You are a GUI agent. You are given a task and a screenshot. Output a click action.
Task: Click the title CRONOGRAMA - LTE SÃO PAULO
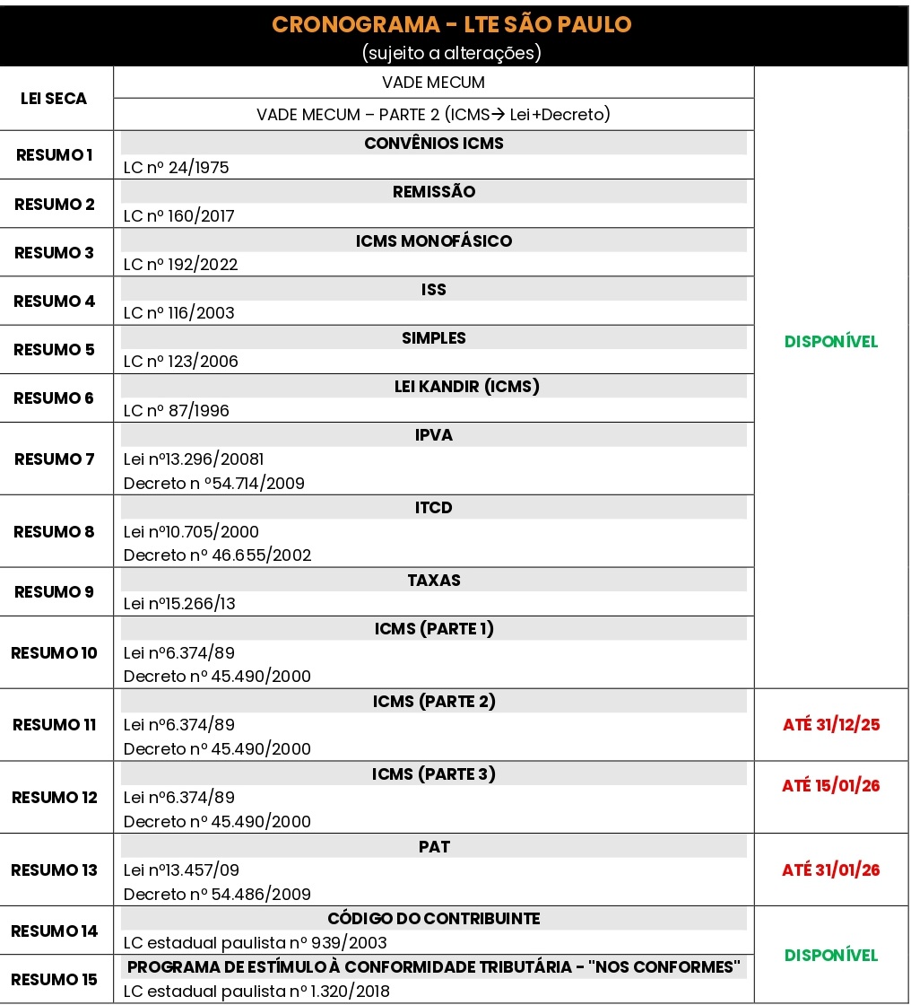pos(452,24)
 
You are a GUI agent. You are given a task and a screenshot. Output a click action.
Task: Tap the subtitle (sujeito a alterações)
pos(452,53)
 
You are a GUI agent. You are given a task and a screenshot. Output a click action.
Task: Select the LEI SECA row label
pos(54,98)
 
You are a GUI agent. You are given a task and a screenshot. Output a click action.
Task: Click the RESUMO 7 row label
pos(54,459)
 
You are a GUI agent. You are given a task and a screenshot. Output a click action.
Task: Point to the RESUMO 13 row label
pos(54,870)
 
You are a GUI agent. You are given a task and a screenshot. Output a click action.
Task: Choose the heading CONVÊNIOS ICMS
pos(434,144)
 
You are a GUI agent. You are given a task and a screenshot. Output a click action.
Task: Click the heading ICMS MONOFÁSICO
pos(434,240)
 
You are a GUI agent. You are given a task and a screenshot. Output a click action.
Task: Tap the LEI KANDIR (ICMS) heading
pos(434,386)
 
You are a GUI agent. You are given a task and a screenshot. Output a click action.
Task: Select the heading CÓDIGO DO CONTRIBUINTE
pos(434,918)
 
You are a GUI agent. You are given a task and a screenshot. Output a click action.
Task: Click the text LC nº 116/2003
pos(178,313)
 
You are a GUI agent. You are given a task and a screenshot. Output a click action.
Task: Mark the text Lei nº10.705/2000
pos(191,531)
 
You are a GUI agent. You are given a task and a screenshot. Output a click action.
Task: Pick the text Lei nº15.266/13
pos(179,604)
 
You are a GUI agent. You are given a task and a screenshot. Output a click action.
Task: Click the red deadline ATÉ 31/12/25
pos(831,725)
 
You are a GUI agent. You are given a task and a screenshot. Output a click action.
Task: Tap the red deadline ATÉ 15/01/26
pos(831,786)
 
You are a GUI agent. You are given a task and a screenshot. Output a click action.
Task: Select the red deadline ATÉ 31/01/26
pos(831,870)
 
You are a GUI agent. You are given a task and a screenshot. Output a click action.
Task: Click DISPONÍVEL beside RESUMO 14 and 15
pos(831,955)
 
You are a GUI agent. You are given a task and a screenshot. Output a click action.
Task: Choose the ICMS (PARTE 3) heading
pos(434,773)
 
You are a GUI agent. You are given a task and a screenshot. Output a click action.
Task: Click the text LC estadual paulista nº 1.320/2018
pos(256,992)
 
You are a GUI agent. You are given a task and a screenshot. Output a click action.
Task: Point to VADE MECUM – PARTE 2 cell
pos(434,115)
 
